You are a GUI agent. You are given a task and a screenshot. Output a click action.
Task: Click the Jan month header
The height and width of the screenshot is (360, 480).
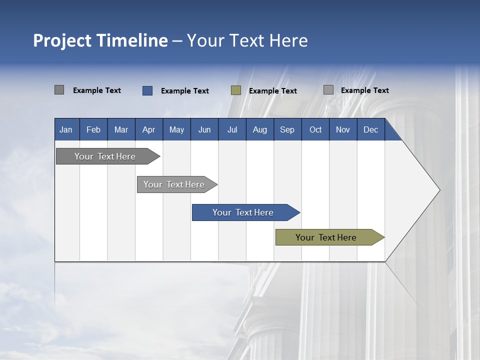66,130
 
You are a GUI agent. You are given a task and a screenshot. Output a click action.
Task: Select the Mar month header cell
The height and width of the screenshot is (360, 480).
121,130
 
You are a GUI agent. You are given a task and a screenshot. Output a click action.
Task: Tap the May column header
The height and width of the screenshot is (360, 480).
176,130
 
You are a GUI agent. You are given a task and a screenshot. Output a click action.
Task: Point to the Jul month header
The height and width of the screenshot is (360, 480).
232,130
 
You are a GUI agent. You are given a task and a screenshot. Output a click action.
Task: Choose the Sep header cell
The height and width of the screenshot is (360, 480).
287,130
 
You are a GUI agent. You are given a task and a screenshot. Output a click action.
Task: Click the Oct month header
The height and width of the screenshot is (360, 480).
315,130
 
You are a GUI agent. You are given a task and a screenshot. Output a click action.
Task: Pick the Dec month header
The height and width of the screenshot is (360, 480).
370,130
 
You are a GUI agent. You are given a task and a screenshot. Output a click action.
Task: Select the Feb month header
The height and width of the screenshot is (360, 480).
93,130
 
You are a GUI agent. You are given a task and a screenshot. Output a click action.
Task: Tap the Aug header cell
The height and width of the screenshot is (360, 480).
259,130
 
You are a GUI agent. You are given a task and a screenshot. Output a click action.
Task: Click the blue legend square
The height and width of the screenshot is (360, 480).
147,90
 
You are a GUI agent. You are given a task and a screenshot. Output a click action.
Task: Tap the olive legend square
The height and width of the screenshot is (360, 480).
236,90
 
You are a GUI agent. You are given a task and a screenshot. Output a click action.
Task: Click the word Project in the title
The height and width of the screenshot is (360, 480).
62,40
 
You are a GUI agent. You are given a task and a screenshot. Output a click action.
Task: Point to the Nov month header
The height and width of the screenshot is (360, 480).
343,130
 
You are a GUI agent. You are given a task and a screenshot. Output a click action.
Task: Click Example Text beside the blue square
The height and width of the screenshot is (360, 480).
185,91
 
